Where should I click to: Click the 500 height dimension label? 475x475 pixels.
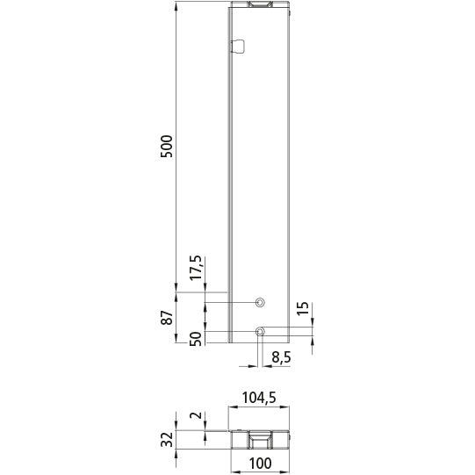[x=167, y=146]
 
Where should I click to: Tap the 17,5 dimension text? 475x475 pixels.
[x=196, y=268]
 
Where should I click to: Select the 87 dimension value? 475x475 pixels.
[x=167, y=318]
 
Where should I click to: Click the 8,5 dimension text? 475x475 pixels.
[x=282, y=357]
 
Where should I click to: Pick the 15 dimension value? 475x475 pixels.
[x=302, y=308]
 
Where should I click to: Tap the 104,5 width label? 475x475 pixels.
[x=259, y=398]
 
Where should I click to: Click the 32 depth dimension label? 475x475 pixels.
[x=167, y=440]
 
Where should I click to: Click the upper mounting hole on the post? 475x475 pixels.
[x=259, y=302]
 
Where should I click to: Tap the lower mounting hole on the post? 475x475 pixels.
[x=260, y=331]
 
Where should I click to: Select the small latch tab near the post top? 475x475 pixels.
[x=238, y=47]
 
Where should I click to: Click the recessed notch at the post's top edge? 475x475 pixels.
[x=261, y=6]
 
